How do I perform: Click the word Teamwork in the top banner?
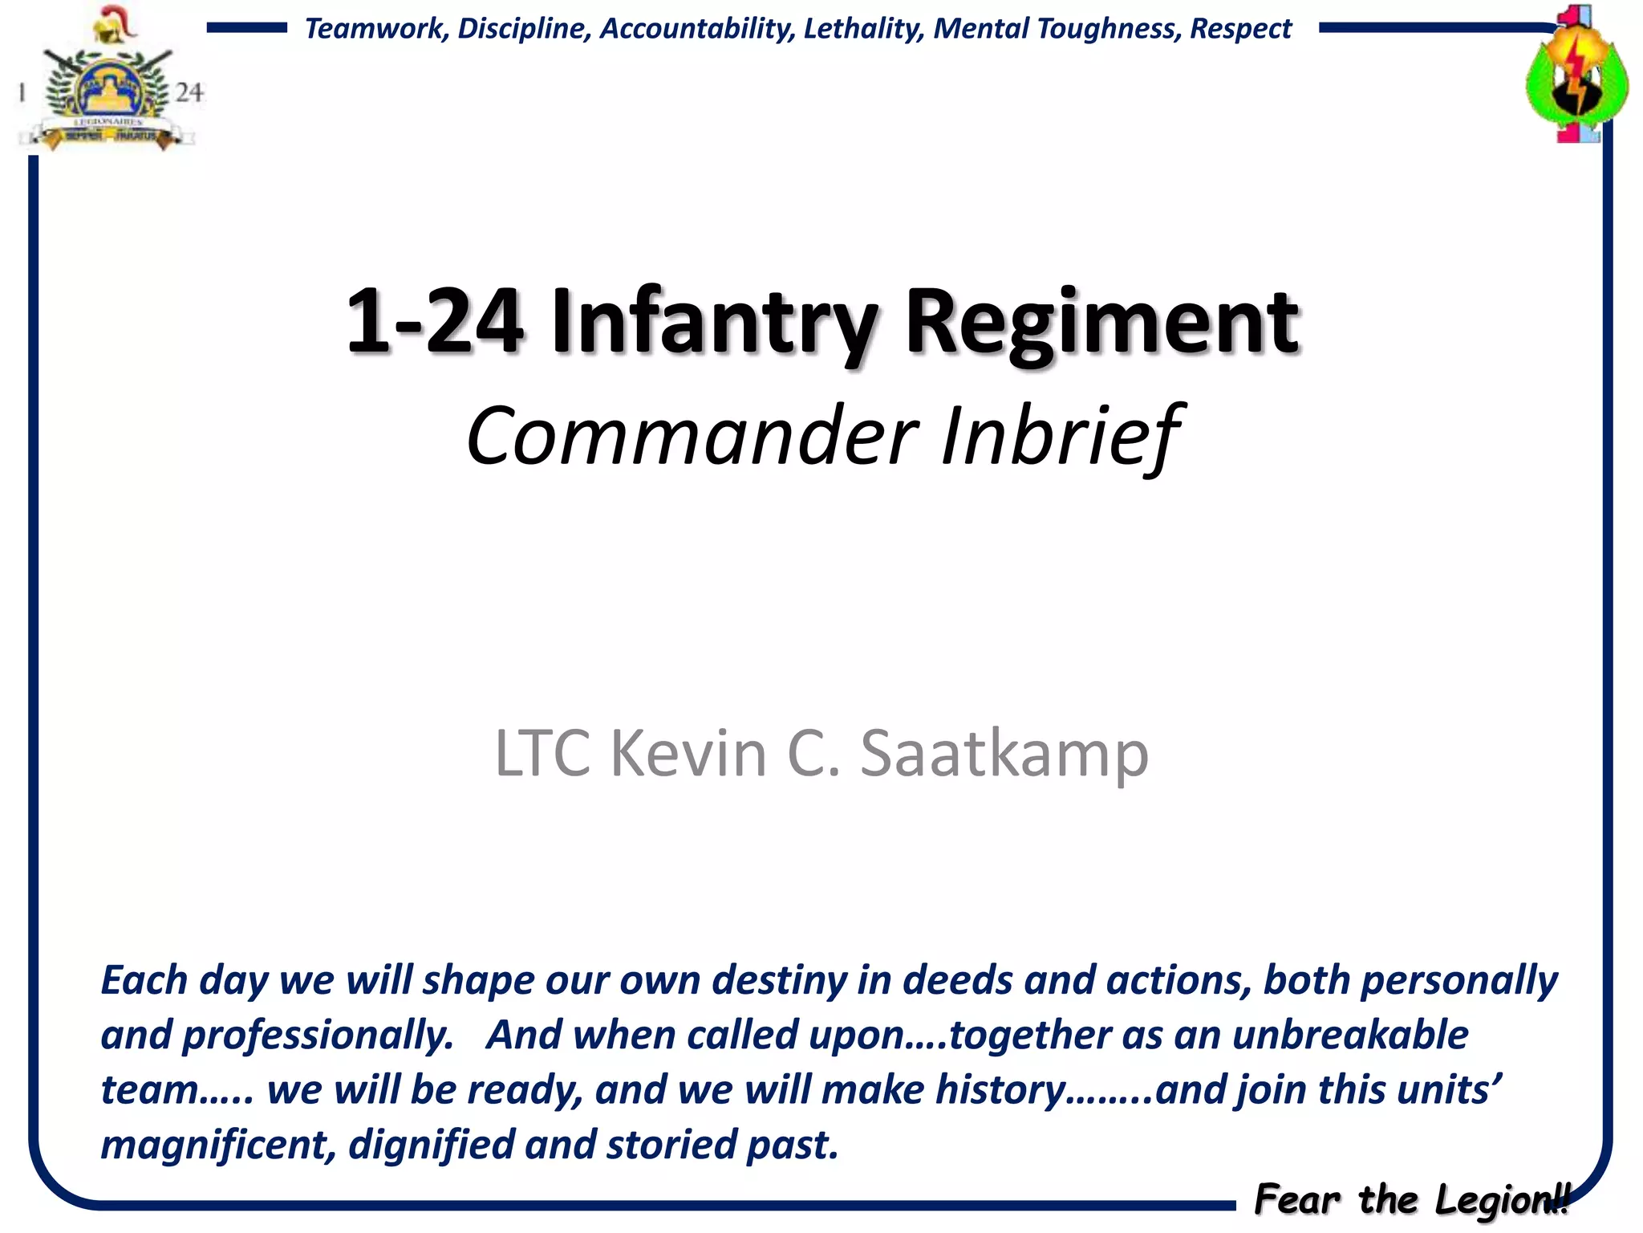tap(375, 29)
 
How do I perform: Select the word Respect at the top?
tap(1240, 29)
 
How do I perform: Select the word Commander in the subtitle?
tap(692, 436)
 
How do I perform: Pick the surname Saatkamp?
tap(1004, 753)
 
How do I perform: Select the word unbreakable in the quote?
tap(1350, 1035)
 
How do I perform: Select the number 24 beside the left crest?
tap(189, 92)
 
